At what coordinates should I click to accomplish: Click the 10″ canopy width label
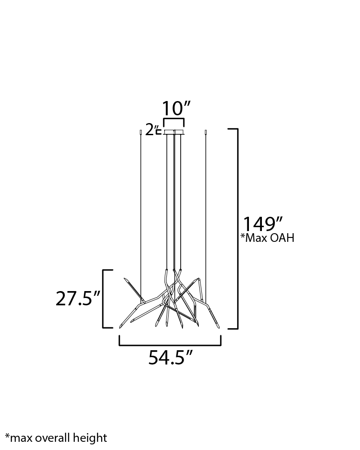click(x=176, y=108)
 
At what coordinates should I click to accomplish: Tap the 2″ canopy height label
click(x=151, y=130)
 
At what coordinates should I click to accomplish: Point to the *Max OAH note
click(x=267, y=238)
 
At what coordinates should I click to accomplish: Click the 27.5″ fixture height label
click(x=77, y=298)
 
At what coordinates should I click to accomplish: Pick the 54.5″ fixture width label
click(x=170, y=358)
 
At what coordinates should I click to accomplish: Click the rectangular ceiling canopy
click(x=174, y=132)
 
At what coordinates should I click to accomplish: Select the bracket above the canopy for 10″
click(x=174, y=118)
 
